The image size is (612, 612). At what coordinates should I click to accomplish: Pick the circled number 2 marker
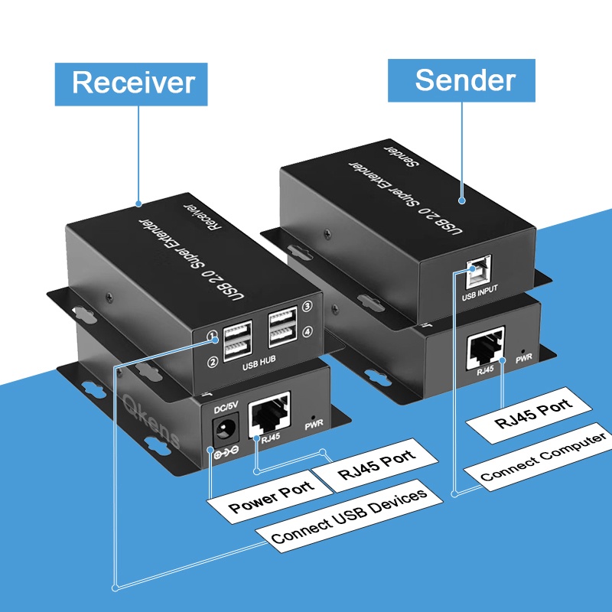tap(213, 360)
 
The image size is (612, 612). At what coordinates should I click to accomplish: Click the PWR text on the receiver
tap(314, 425)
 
